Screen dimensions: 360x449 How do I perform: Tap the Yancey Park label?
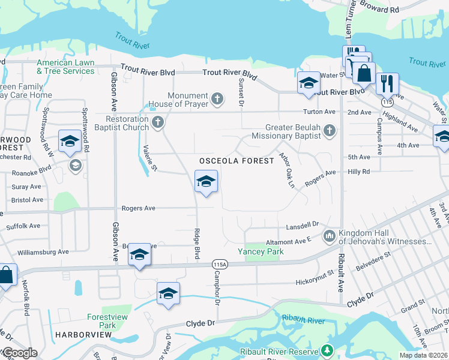click(x=260, y=251)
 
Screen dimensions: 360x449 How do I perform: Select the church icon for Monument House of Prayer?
click(x=217, y=97)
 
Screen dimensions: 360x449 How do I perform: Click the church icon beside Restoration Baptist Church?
click(x=158, y=122)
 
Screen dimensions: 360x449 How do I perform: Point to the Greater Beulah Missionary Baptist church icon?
click(x=329, y=130)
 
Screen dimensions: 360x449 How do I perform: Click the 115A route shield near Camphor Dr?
click(x=220, y=265)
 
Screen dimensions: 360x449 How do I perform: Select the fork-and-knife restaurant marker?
click(x=387, y=83)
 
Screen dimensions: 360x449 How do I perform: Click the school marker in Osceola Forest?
click(x=206, y=182)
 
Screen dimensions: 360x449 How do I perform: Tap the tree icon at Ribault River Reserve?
click(x=327, y=350)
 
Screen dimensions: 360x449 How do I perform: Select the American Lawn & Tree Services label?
click(x=65, y=67)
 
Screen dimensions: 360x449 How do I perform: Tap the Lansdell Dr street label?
click(x=302, y=224)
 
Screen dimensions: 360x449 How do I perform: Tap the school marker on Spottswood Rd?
click(x=70, y=142)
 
